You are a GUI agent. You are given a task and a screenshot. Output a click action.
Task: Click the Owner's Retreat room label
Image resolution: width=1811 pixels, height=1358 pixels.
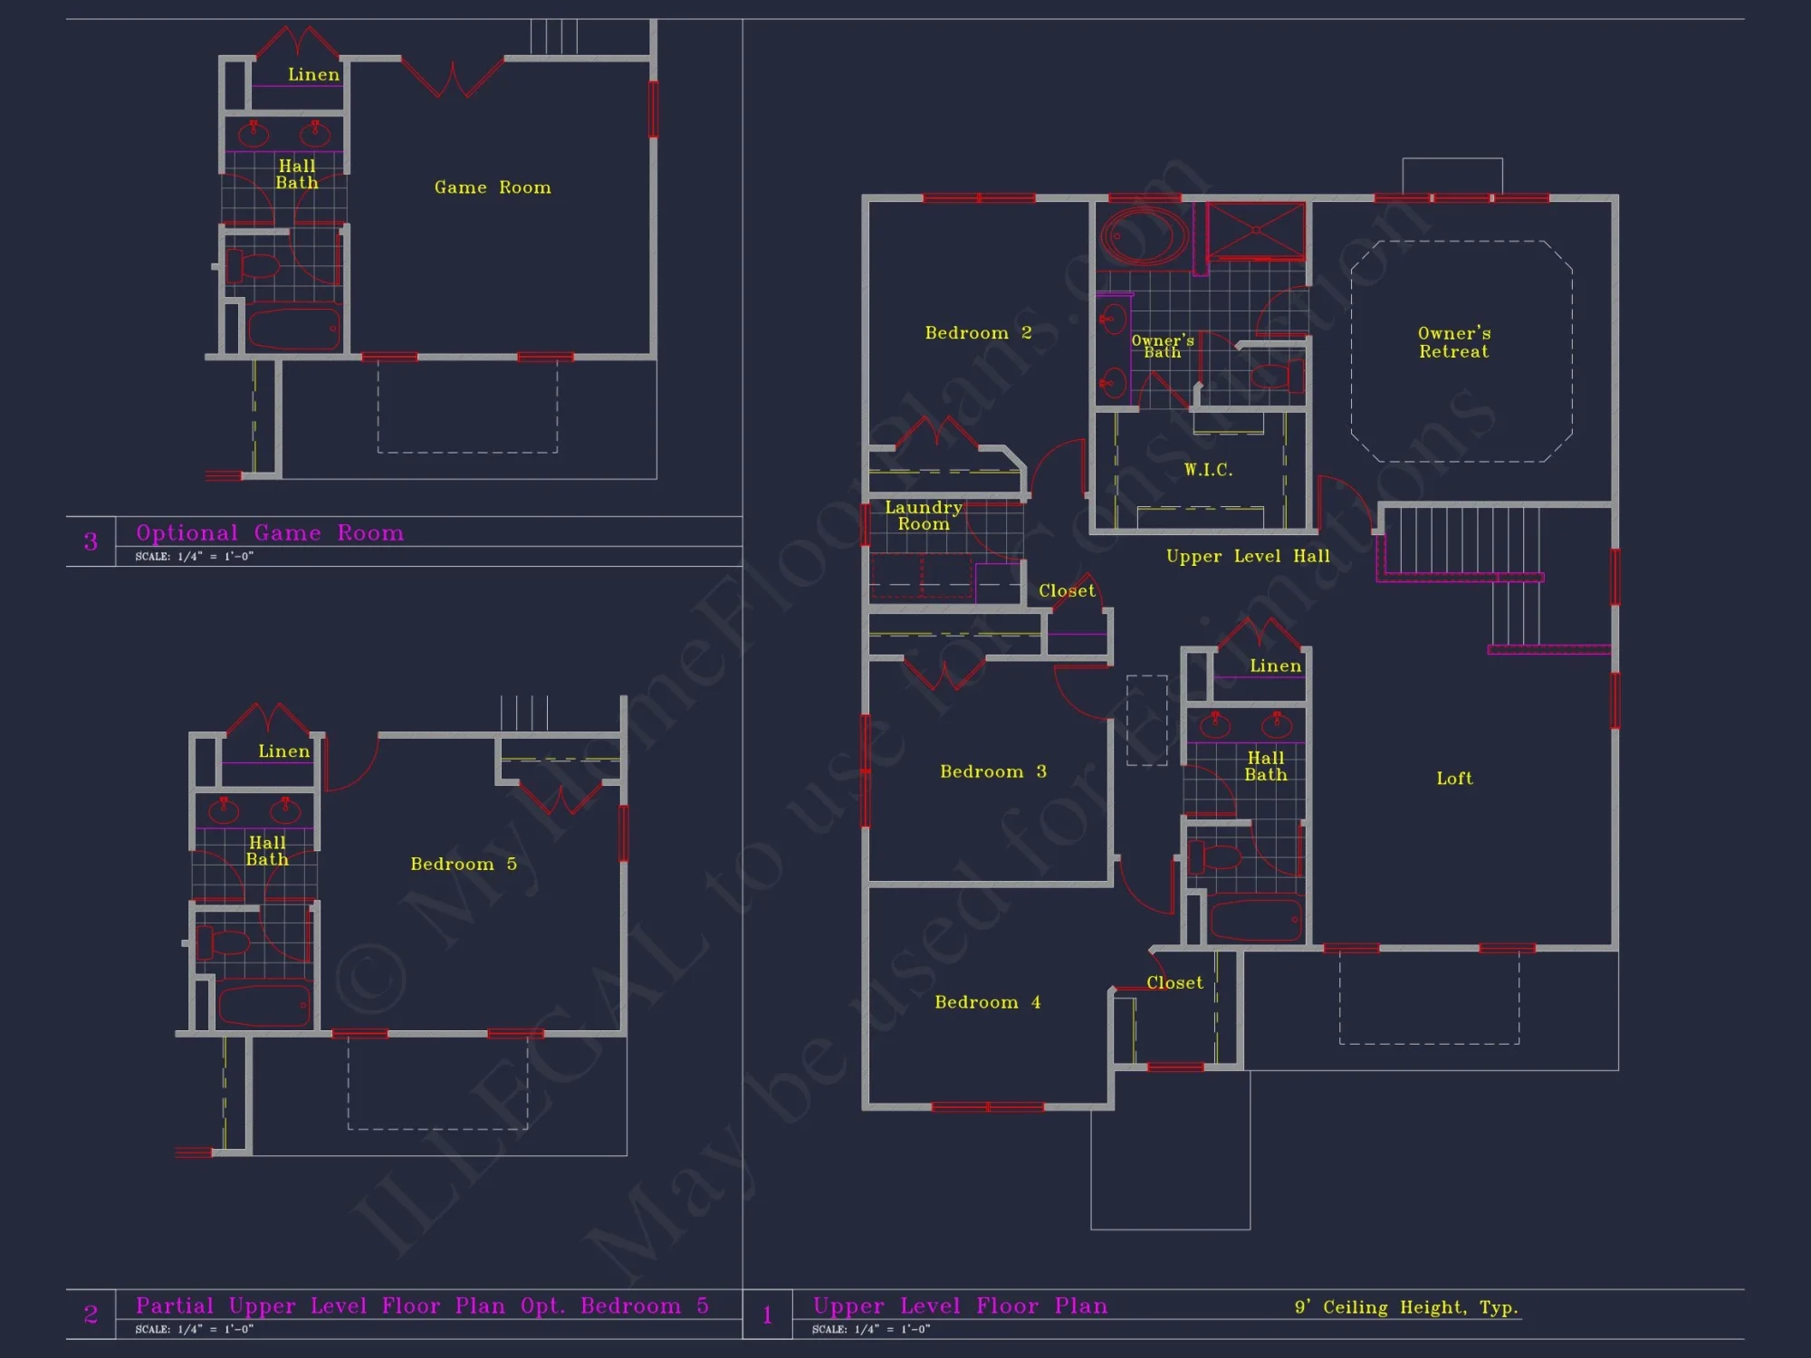(1454, 342)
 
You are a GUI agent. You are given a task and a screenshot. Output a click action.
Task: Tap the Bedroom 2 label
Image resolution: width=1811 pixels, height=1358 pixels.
(978, 333)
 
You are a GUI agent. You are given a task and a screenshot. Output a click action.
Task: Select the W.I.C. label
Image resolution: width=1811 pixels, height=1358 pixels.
(1208, 470)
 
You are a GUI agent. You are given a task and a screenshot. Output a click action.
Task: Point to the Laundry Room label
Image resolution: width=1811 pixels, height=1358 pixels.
(923, 516)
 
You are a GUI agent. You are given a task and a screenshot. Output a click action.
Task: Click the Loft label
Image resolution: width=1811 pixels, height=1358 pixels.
(1454, 779)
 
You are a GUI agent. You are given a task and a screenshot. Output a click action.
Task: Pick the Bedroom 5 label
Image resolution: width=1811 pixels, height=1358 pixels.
(464, 864)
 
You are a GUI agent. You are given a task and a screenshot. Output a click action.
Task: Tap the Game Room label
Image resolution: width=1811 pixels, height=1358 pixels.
(493, 187)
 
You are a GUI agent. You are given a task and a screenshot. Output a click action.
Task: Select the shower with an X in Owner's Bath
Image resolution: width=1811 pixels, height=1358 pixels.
(1256, 231)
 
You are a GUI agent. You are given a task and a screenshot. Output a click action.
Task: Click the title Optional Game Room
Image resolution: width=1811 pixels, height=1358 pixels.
(270, 533)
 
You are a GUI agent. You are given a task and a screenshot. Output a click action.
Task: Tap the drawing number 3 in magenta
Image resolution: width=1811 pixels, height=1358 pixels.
(91, 541)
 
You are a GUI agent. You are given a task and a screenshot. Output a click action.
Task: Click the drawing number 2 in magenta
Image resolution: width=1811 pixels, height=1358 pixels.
(91, 1315)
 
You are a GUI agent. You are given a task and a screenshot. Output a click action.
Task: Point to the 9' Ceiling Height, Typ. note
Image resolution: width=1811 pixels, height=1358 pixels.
(1406, 1307)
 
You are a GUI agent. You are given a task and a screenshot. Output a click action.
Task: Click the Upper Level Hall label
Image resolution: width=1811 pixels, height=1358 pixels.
(1248, 557)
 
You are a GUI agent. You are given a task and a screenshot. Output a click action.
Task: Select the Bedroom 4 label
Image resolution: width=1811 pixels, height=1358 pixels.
(987, 1002)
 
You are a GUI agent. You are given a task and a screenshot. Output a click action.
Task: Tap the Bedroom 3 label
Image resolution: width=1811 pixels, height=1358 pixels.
(992, 771)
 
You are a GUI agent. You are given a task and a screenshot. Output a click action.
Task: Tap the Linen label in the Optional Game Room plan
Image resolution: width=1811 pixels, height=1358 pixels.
(313, 74)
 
